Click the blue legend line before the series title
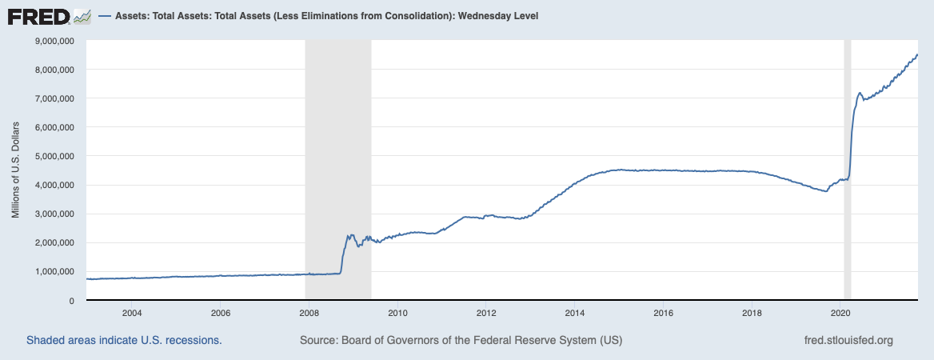105,17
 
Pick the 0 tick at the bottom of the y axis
72,300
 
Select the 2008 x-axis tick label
309,312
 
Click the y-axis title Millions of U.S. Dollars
16,170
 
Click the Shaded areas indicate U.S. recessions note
124,340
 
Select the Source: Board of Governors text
461,340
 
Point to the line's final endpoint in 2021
917,54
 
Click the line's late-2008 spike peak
349,235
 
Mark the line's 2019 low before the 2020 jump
826,191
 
